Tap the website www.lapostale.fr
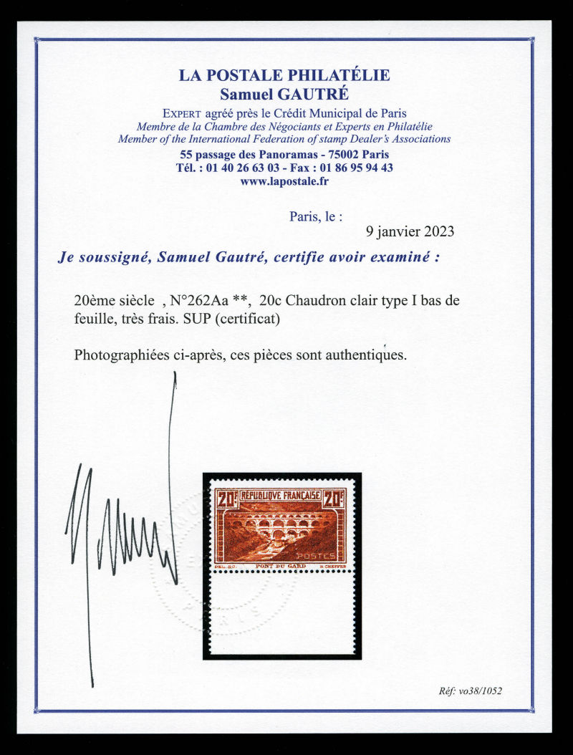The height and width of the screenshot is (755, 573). pos(284,182)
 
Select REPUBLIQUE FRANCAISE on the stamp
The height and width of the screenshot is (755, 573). pos(281,495)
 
